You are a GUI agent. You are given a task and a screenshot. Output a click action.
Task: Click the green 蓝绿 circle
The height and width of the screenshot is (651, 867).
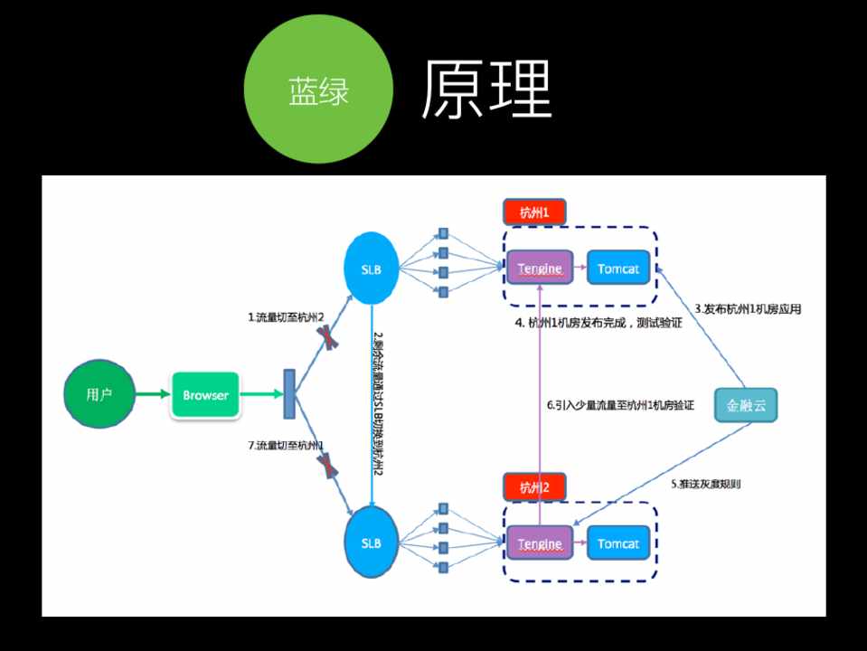[318, 90]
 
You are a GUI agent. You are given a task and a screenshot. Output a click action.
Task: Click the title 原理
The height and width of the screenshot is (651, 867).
[485, 90]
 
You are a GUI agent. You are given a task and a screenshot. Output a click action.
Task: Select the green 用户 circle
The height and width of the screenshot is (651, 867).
[99, 394]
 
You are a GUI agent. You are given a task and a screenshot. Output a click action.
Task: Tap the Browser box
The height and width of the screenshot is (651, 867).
[205, 394]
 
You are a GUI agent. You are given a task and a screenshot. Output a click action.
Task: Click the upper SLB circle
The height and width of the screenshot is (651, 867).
[372, 268]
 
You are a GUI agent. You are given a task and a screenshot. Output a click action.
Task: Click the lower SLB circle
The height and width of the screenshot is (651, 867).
[372, 543]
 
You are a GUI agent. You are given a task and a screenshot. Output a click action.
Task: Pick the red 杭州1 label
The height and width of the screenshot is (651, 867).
[533, 212]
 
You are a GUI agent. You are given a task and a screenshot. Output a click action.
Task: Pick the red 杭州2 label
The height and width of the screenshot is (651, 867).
[533, 487]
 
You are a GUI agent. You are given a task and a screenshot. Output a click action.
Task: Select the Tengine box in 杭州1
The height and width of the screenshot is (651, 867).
[540, 268]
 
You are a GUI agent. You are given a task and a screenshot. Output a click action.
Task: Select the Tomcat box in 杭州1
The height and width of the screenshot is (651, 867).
[618, 268]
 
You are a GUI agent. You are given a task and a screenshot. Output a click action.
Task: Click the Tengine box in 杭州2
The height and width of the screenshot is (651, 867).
[540, 543]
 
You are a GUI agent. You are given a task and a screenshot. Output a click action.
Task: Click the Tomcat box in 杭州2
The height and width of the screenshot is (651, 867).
[618, 543]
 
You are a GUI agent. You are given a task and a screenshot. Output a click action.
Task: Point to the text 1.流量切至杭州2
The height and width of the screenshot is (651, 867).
[286, 316]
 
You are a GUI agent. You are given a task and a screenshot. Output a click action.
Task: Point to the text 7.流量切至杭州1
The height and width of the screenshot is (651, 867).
[286, 445]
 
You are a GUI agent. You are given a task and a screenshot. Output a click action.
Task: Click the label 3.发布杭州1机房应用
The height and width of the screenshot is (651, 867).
[748, 308]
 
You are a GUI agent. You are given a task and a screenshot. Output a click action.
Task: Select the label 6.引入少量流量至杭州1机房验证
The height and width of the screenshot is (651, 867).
[620, 406]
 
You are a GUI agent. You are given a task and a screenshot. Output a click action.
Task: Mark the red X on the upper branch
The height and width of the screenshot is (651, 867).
[326, 337]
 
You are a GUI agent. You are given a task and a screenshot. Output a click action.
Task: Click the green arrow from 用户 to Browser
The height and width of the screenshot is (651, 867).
[151, 394]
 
